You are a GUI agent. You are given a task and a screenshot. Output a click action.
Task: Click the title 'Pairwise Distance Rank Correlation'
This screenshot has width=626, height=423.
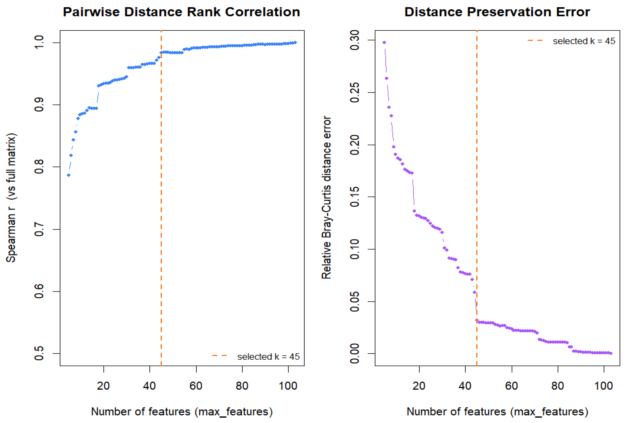(181, 12)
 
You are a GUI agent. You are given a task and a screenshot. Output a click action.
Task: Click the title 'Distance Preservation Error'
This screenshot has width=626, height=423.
(497, 12)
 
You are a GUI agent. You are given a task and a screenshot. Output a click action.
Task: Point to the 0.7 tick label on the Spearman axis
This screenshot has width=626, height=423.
(39, 229)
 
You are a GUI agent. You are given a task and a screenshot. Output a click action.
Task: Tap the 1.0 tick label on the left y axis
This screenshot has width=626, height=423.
(39, 42)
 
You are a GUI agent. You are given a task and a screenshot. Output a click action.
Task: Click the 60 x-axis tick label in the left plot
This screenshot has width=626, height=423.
(196, 386)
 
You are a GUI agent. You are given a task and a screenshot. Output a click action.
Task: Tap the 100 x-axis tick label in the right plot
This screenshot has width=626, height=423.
(604, 386)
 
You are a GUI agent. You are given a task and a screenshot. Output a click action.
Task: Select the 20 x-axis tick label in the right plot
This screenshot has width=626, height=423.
(419, 386)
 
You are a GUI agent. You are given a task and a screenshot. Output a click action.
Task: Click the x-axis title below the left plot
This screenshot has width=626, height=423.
(182, 411)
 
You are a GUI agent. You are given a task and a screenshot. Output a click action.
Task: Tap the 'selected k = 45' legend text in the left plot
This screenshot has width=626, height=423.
(268, 356)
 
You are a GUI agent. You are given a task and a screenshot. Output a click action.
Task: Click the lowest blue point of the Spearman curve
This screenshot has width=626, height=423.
(69, 175)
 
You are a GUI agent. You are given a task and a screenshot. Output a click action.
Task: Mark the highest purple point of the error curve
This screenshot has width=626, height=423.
(384, 43)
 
